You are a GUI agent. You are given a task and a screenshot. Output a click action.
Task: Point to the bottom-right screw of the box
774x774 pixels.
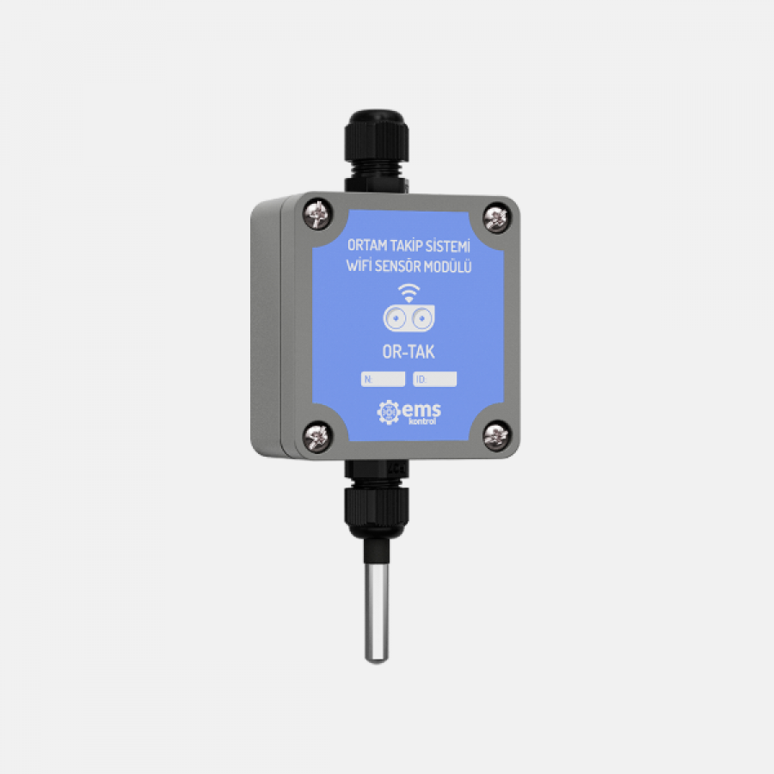495,436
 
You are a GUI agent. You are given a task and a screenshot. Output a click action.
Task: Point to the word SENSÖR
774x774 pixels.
399,267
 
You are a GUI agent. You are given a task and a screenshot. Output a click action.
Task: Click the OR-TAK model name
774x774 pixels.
408,352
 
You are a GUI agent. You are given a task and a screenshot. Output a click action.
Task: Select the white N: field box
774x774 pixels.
383,378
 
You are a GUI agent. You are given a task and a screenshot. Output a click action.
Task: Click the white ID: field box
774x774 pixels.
434,378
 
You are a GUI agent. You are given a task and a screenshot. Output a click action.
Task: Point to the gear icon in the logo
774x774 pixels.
389,413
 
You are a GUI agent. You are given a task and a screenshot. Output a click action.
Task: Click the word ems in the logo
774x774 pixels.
421,411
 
